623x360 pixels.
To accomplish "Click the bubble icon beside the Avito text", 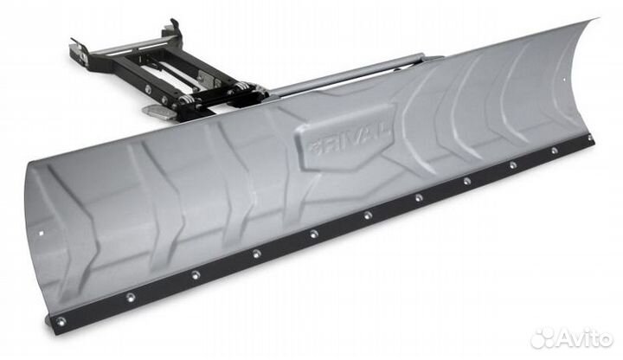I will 543,337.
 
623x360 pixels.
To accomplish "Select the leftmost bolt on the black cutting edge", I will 60,322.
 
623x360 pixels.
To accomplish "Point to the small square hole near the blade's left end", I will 39,232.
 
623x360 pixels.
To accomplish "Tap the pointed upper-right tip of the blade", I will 596,18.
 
